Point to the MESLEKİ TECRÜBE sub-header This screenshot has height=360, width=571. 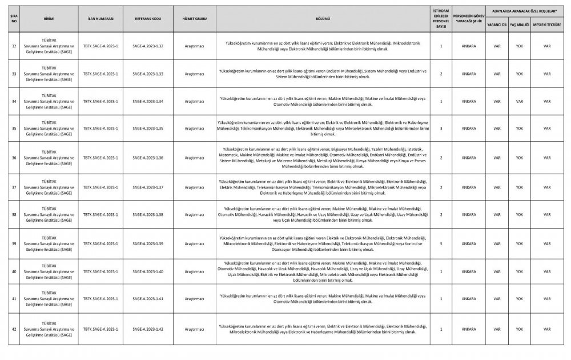coord(546,25)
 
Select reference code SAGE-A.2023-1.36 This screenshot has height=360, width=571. coord(148,157)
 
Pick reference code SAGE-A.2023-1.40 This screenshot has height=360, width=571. coord(148,271)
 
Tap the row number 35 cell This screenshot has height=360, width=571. coord(14,129)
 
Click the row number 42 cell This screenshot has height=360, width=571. coord(14,329)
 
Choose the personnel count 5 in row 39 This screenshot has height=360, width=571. coord(441,243)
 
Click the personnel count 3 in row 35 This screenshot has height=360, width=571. coord(441,129)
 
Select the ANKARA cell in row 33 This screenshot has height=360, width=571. coord(469,74)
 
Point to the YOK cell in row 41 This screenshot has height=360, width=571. coord(519,299)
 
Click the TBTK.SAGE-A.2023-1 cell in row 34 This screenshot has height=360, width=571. coord(100,101)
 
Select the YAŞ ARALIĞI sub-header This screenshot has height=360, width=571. coord(519,25)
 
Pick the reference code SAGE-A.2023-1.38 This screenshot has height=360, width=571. coord(148,214)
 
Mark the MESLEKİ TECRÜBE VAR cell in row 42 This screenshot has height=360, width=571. coord(546,329)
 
